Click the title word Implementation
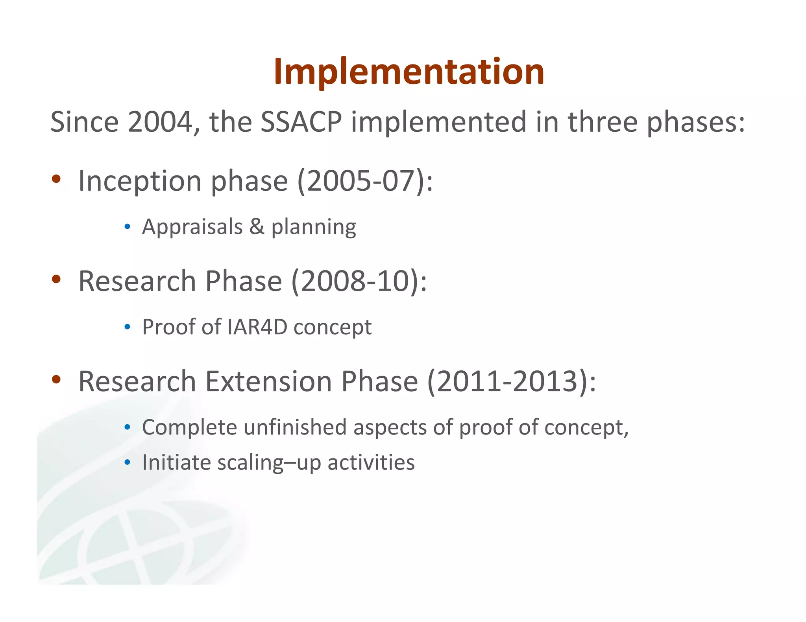pyautogui.click(x=409, y=72)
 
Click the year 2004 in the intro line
pyautogui.click(x=159, y=122)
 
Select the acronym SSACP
pyautogui.click(x=301, y=122)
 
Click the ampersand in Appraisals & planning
pyautogui.click(x=257, y=227)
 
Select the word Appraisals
pyautogui.click(x=192, y=227)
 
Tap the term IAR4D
pyautogui.click(x=257, y=327)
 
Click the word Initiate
pyautogui.click(x=176, y=462)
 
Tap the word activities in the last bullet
pyautogui.click(x=371, y=462)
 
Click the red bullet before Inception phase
pyautogui.click(x=56, y=179)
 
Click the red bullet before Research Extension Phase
pyautogui.click(x=56, y=379)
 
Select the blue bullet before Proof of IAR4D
pyautogui.click(x=127, y=327)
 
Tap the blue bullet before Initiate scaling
pyautogui.click(x=127, y=462)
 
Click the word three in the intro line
pyautogui.click(x=602, y=122)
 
